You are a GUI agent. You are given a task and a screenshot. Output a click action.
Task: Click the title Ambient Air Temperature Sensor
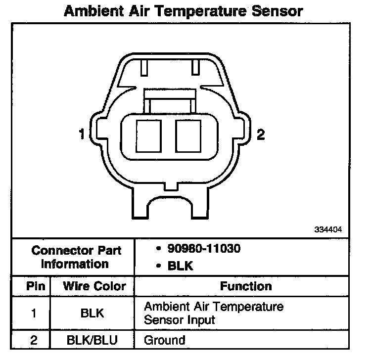tap(184, 11)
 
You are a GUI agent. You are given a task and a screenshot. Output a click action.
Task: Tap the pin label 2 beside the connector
tap(260, 135)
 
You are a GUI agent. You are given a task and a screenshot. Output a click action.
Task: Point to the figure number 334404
tap(328, 229)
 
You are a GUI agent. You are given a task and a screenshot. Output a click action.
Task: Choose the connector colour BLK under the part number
tap(180, 266)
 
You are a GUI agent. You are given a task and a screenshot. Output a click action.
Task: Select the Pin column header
tap(36, 286)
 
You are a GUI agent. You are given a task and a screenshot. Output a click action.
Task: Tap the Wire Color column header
tap(94, 286)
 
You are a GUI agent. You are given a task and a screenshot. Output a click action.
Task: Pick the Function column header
tap(246, 286)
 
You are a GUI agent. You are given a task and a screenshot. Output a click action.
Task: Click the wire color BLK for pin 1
tap(93, 313)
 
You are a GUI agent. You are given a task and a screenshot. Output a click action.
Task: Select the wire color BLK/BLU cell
tap(93, 340)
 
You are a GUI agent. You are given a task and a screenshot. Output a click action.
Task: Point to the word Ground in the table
tap(164, 340)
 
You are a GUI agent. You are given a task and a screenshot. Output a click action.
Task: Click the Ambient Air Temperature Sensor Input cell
tap(214, 313)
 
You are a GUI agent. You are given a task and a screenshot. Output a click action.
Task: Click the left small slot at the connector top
tap(144, 67)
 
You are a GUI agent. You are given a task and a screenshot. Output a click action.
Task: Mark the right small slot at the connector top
tap(196, 67)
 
